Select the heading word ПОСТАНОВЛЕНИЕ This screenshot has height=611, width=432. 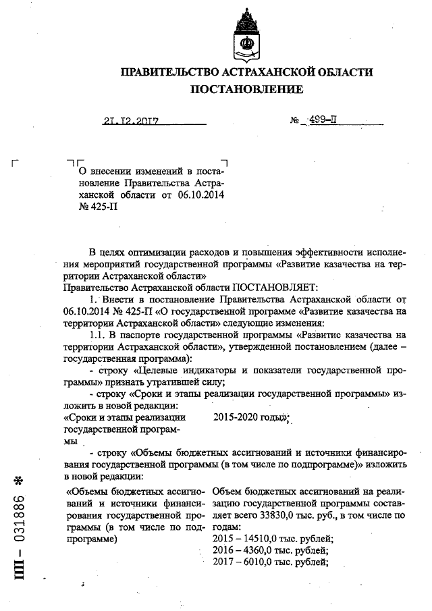click(246, 89)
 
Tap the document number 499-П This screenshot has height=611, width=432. click(322, 121)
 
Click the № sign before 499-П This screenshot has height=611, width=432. click(294, 122)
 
